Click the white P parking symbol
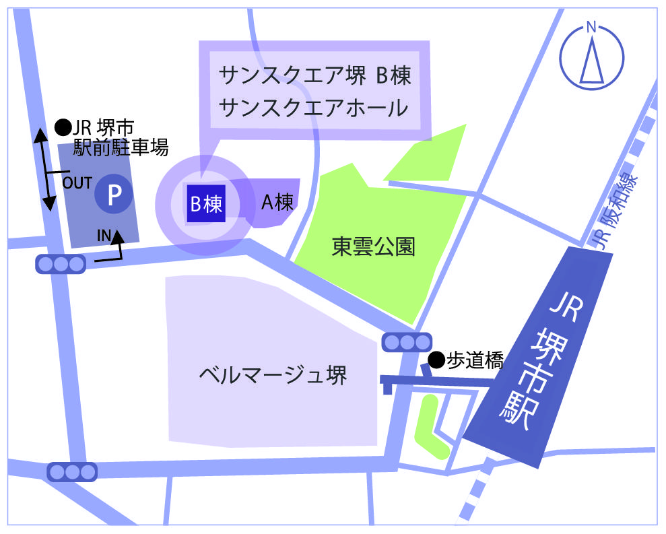coord(113,195)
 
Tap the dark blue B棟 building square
coord(205,203)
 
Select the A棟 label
coord(277,203)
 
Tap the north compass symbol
coord(591,57)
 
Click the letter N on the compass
coord(591,28)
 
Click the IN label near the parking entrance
coord(103,235)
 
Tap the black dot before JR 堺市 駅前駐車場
coord(63,126)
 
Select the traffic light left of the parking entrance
coord(61,265)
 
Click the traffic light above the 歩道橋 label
coord(407,343)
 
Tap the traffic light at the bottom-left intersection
coord(72,471)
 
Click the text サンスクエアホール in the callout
coord(314,107)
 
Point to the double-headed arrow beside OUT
coord(43,171)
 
